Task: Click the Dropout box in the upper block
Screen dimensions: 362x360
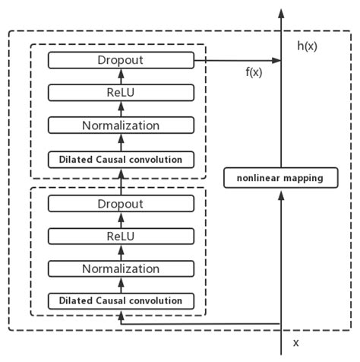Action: click(x=120, y=59)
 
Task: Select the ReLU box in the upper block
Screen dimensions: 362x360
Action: click(x=120, y=92)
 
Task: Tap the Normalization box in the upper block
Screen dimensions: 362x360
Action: click(x=120, y=125)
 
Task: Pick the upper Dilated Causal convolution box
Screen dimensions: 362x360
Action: click(x=120, y=159)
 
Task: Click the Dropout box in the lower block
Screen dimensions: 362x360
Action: click(x=120, y=203)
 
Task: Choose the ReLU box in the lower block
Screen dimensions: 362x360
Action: click(x=120, y=236)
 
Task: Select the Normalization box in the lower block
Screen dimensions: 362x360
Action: click(x=120, y=268)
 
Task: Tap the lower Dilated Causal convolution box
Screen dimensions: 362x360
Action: click(x=120, y=301)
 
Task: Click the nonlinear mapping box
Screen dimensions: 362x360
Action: click(x=280, y=179)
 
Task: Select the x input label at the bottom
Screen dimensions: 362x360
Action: click(x=297, y=343)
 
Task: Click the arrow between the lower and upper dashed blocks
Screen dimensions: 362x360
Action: click(x=120, y=181)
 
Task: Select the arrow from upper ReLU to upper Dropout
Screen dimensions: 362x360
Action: click(x=120, y=76)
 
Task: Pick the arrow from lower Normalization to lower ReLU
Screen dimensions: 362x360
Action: click(x=120, y=252)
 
